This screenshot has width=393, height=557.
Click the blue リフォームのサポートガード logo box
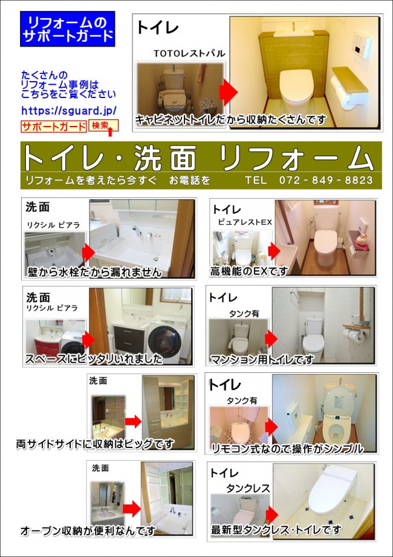[67, 29]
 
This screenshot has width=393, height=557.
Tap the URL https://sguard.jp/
[69, 111]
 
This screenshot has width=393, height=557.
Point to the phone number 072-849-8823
[326, 180]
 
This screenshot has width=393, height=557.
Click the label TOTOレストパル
[189, 54]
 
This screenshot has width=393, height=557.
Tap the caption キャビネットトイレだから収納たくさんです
[230, 120]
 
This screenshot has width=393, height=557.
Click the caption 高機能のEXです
[248, 271]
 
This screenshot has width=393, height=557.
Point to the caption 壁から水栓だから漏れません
[95, 272]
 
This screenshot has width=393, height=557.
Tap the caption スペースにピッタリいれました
[94, 359]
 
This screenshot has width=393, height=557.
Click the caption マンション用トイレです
[262, 360]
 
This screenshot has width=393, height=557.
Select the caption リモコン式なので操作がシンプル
[287, 449]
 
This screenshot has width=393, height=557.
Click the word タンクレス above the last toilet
[248, 488]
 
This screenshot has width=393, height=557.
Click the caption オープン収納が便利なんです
[88, 530]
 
